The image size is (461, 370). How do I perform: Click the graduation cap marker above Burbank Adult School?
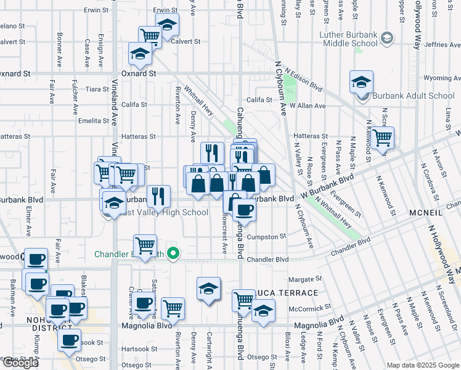point(362,81)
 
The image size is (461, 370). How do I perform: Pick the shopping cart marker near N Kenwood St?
point(382,138)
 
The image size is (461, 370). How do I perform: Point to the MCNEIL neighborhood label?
point(425,212)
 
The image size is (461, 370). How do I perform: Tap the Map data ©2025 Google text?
point(423,365)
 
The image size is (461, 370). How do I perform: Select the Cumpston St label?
point(266,236)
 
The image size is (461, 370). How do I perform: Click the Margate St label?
point(301,279)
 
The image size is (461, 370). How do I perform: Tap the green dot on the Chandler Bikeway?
point(174,253)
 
